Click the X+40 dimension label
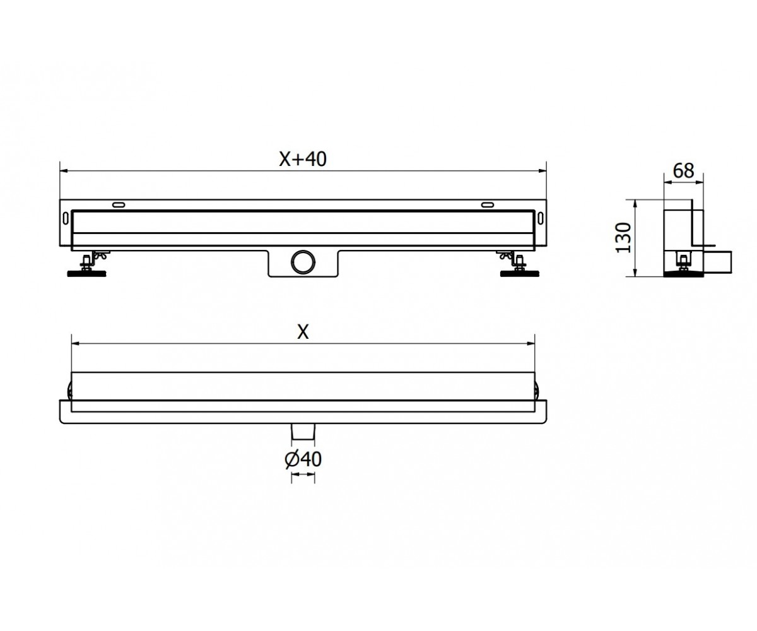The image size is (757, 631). point(303,159)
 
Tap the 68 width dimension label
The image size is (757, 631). point(683,171)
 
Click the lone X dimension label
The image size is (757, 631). point(303,332)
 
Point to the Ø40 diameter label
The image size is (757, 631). point(303,459)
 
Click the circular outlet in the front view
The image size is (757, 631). point(303,261)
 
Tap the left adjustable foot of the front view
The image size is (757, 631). point(88,264)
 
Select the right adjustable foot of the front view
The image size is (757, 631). point(519,264)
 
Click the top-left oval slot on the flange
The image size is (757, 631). point(119,205)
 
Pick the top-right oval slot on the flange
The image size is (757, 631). point(487,205)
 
